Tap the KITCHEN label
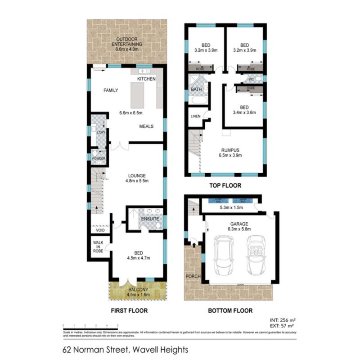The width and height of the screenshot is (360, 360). coord(147,79)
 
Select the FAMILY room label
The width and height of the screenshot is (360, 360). coord(111,90)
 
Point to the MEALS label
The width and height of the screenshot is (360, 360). coord(146,126)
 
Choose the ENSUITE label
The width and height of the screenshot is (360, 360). coord(149,219)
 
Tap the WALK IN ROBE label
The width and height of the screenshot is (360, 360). coord(98,247)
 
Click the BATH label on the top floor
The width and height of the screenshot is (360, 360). coord(196,90)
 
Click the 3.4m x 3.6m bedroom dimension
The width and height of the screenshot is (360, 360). coord(244,112)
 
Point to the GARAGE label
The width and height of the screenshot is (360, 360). coord(239,223)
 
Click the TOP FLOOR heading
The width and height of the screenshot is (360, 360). coord(225,185)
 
